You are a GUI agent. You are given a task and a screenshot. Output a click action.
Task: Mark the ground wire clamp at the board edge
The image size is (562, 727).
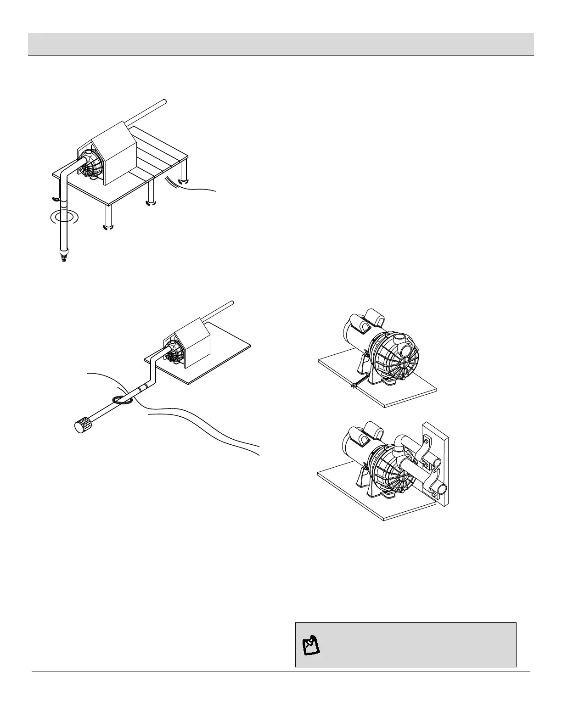(x=353, y=386)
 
